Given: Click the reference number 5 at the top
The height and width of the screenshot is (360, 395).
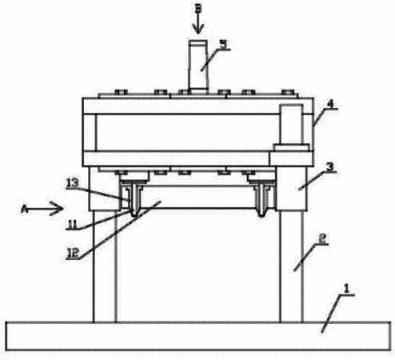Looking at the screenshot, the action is tap(224, 44).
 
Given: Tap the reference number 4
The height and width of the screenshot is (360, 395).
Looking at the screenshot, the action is tap(330, 104).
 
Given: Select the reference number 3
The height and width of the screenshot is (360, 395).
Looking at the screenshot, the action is tap(330, 167).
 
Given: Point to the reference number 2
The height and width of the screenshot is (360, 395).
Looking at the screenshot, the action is tap(322, 238).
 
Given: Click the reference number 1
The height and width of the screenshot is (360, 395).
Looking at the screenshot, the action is tap(346, 289).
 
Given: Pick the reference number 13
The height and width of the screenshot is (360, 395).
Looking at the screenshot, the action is tap(73, 183).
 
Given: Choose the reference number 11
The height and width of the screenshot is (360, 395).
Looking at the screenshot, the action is tap(72, 225).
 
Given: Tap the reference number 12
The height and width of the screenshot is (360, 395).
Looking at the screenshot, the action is tap(73, 253).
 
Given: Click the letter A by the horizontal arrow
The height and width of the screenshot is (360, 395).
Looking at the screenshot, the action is tap(25, 209).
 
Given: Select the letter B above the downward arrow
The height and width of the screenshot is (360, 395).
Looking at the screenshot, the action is tap(198, 8).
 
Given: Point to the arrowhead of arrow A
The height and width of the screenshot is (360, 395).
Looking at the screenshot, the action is tap(57, 209).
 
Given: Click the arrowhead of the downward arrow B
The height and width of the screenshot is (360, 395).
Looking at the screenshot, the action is tap(197, 29).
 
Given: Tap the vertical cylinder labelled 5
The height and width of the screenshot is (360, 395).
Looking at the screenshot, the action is tap(198, 66).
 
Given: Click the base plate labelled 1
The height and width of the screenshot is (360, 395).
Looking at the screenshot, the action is tap(198, 336).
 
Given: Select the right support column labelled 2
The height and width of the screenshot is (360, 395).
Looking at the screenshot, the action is tap(291, 266).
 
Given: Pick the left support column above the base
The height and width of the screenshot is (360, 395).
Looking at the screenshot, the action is tap(105, 266).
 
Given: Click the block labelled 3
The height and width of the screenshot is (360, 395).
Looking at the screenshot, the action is tap(292, 188).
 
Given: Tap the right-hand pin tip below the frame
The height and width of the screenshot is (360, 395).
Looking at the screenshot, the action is tap(262, 214).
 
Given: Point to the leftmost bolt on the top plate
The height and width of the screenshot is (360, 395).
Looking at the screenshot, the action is tap(121, 92).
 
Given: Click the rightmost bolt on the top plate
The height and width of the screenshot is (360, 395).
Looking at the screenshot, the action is tap(288, 92).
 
